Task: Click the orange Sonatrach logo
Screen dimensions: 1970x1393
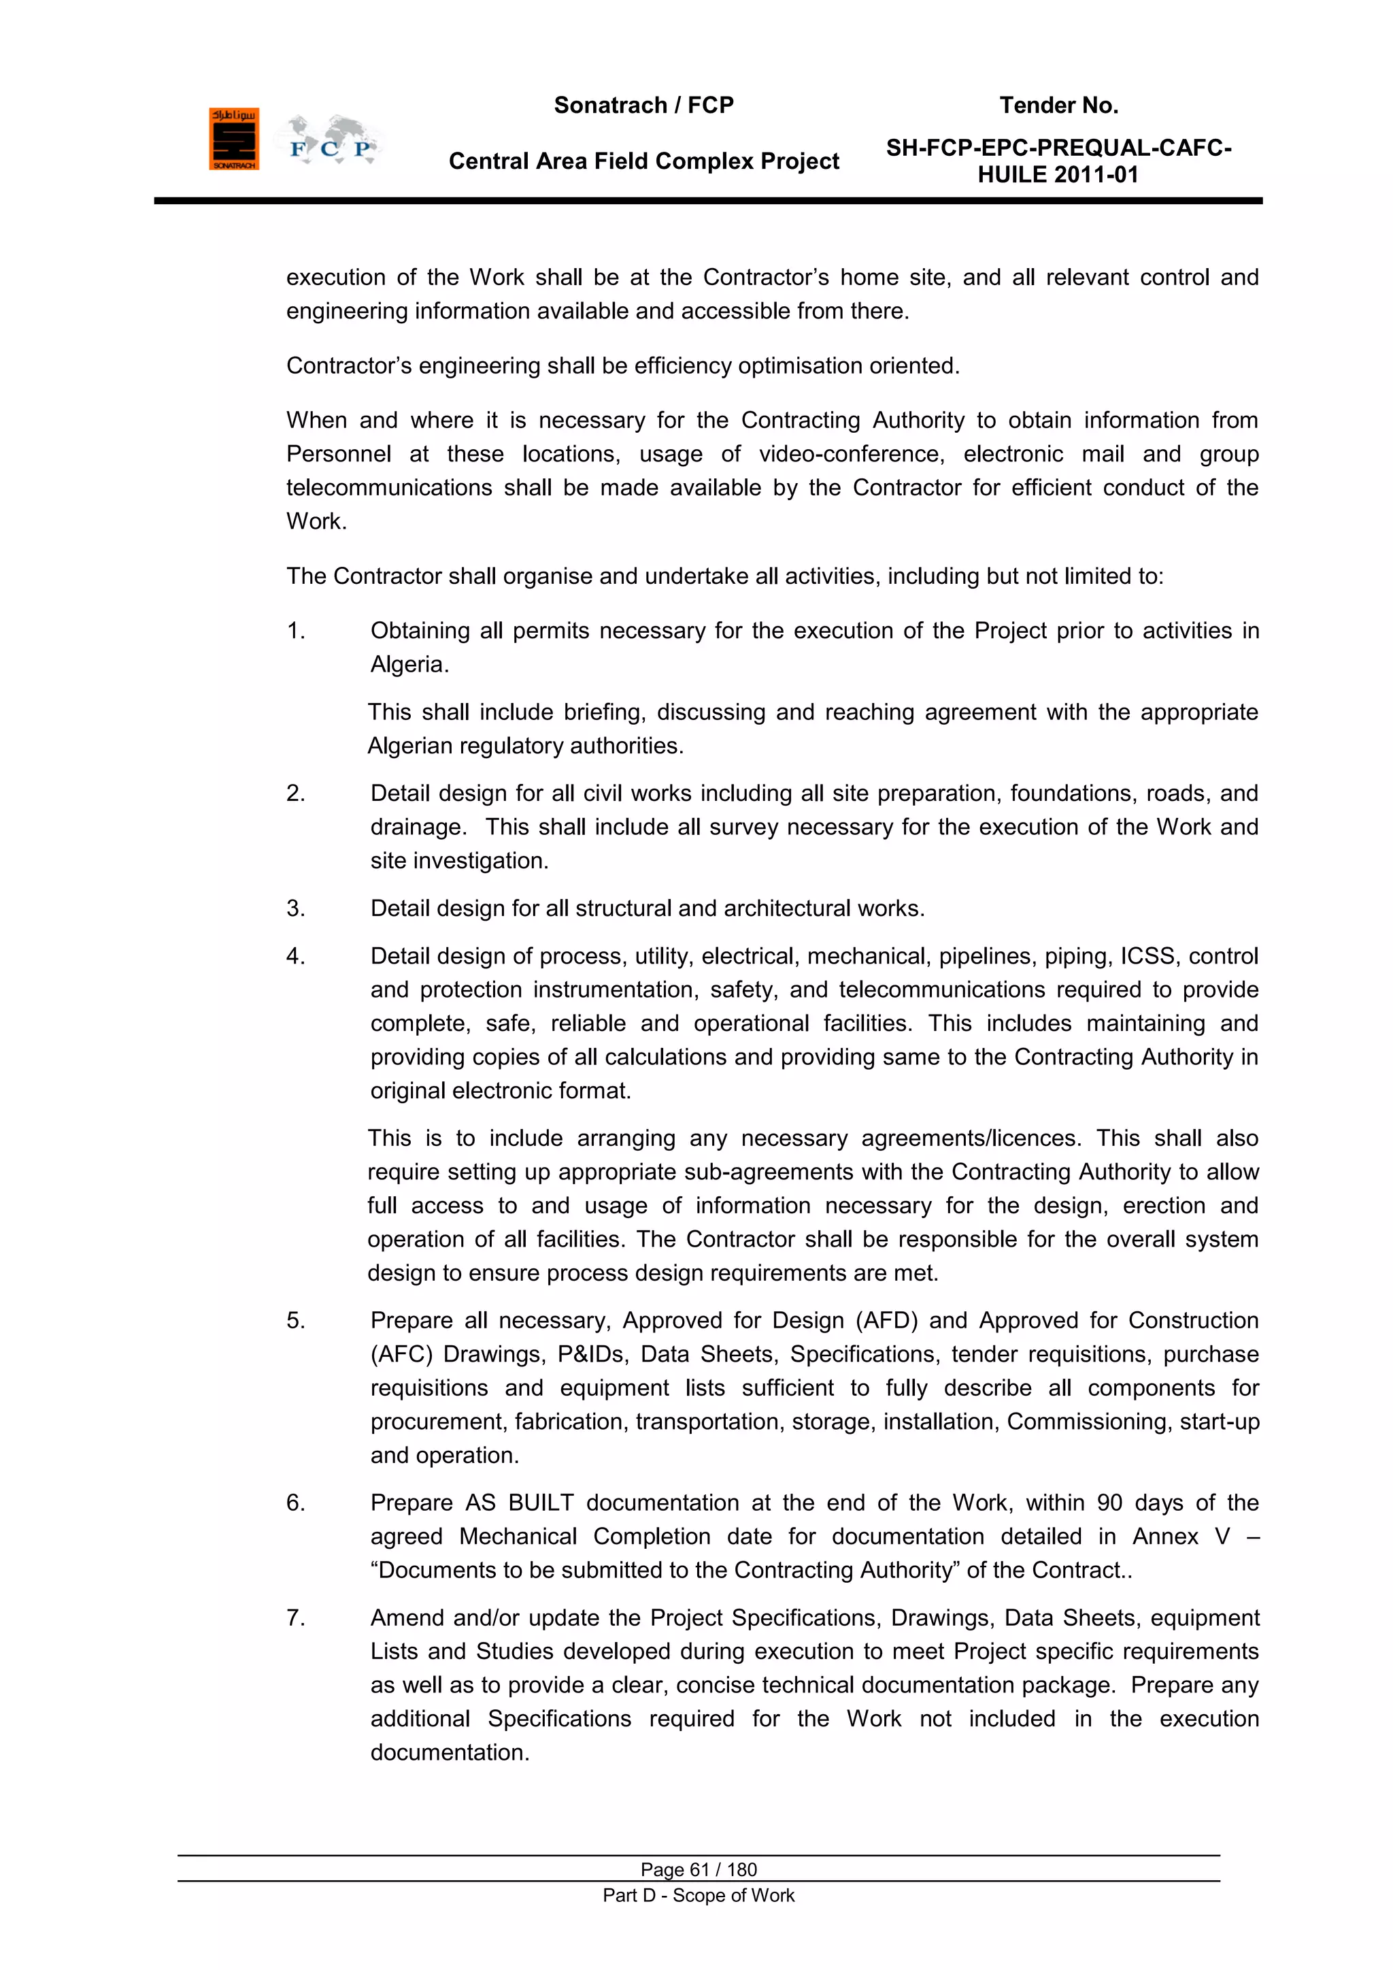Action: [x=233, y=139]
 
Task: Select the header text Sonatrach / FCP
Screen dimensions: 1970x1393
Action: [x=643, y=105]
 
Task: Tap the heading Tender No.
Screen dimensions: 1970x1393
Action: [x=1058, y=105]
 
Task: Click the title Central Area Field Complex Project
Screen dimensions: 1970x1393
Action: [x=643, y=161]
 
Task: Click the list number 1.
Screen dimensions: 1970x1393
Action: [x=295, y=631]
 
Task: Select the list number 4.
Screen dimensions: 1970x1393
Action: [x=295, y=956]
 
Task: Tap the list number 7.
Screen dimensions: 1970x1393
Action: [x=295, y=1618]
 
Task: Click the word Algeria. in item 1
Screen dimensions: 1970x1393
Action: [x=409, y=664]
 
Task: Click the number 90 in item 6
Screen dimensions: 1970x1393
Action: [x=1109, y=1503]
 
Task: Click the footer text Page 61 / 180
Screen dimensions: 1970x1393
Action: [x=699, y=1869]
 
